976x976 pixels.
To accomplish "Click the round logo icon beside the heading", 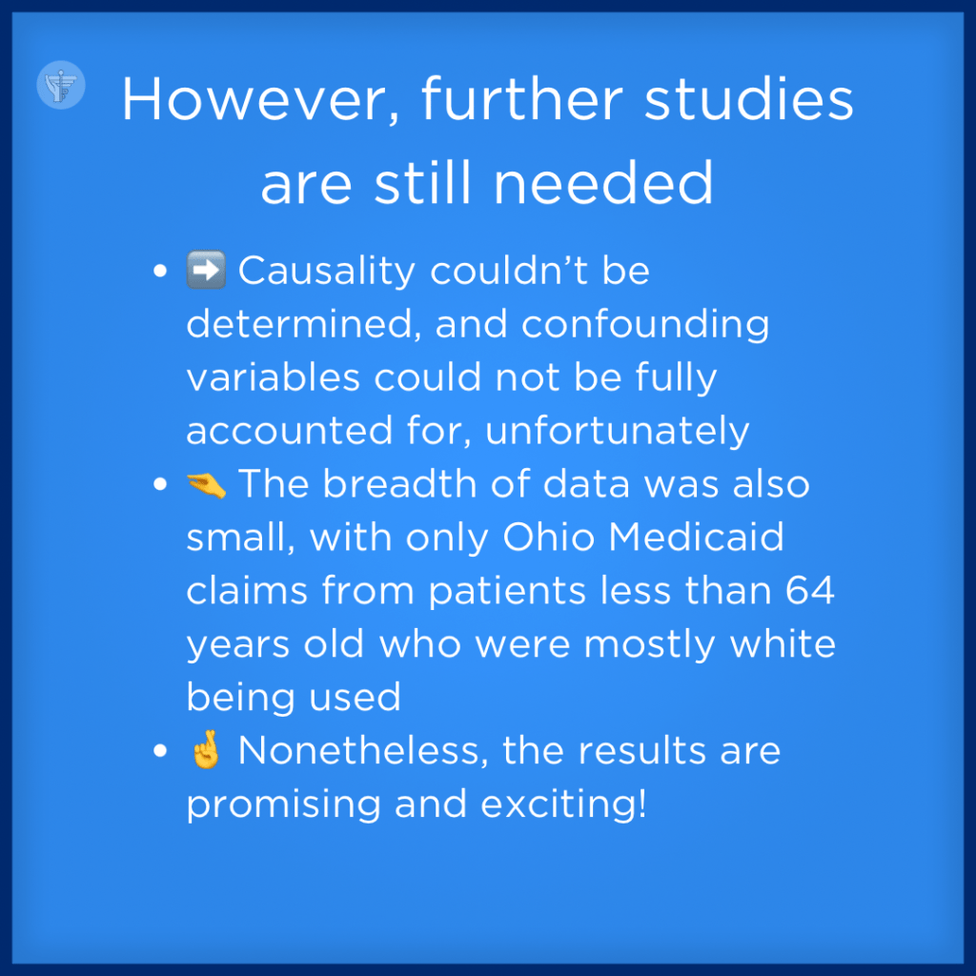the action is pos(61,85).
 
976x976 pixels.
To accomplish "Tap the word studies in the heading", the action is pos(749,99).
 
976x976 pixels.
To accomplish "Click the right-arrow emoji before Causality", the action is pos(206,270).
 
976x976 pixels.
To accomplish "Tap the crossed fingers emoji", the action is pos(206,749).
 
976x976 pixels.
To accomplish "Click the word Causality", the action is pos(327,272).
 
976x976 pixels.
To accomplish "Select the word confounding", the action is pos(645,324).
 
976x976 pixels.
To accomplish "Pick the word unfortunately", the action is pos(617,431).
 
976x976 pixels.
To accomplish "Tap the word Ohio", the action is pos(549,537).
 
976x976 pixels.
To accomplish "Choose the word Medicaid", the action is pos(696,537).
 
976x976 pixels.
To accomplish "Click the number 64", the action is pos(809,590).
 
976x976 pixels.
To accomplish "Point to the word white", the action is pos(783,643).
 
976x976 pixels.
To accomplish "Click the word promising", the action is pos(283,804).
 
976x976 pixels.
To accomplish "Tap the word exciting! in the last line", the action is pos(564,804).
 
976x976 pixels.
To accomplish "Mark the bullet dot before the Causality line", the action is pos(160,271).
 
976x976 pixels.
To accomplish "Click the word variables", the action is pos(274,377).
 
